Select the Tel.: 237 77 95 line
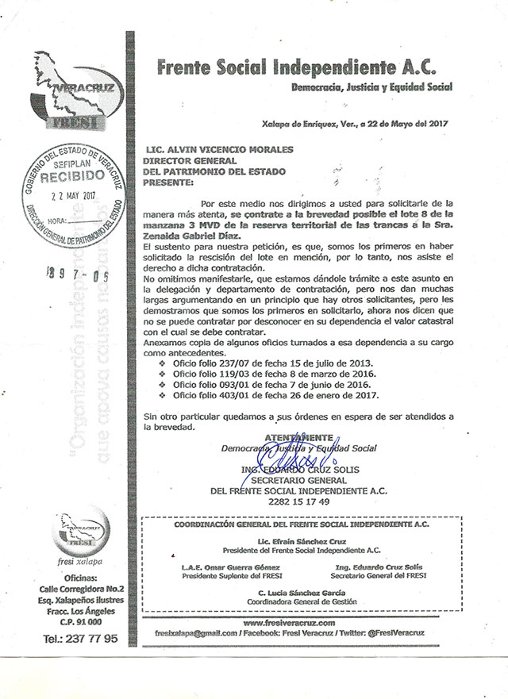tap(80, 637)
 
